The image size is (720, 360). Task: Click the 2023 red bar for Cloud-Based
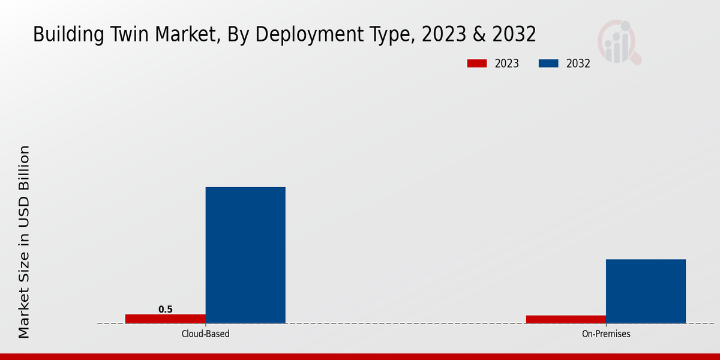(x=165, y=319)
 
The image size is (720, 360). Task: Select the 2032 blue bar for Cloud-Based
(x=245, y=255)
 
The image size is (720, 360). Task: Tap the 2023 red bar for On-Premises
(x=566, y=319)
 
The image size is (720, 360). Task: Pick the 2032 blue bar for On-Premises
(x=646, y=291)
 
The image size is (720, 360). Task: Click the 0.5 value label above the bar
(x=165, y=310)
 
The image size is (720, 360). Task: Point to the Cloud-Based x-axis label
(x=205, y=334)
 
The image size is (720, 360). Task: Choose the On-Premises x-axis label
(x=606, y=334)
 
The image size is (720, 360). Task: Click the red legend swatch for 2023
(x=477, y=64)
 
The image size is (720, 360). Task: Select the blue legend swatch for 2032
(x=548, y=64)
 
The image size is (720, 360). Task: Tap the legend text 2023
(x=507, y=64)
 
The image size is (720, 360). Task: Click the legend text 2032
(x=578, y=64)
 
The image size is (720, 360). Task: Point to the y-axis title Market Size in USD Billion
(x=24, y=242)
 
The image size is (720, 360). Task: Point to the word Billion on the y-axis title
(x=24, y=167)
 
